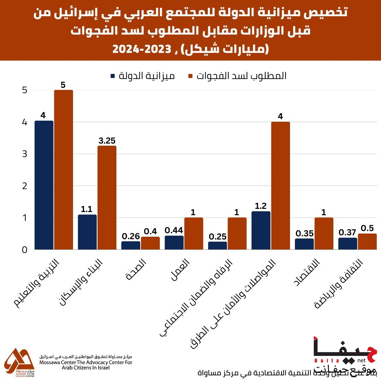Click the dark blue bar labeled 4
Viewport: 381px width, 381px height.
pyautogui.click(x=44, y=185)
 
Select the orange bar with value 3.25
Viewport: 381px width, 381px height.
pyautogui.click(x=107, y=198)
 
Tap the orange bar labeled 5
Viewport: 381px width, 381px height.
pyautogui.click(x=64, y=170)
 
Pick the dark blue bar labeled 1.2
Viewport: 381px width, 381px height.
pyautogui.click(x=261, y=230)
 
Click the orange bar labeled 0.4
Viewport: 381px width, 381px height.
pyautogui.click(x=150, y=243)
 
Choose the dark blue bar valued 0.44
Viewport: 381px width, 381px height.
pyautogui.click(x=174, y=243)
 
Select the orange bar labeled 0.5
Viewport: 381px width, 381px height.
pyautogui.click(x=367, y=242)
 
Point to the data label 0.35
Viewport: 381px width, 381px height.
pyautogui.click(x=304, y=234)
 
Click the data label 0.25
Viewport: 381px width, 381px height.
pyautogui.click(x=218, y=237)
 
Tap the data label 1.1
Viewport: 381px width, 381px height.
pyautogui.click(x=87, y=209)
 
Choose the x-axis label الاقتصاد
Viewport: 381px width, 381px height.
pyautogui.click(x=307, y=272)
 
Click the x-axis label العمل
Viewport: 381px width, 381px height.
pyautogui.click(x=180, y=270)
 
